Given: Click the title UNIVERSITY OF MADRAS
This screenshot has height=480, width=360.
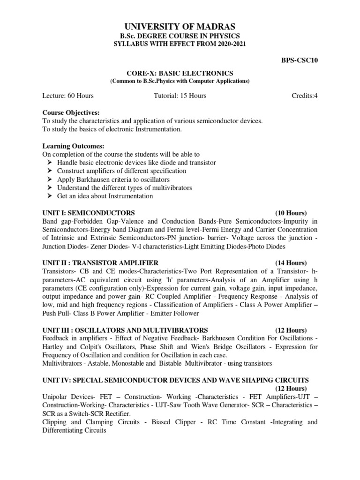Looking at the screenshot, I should [180, 26].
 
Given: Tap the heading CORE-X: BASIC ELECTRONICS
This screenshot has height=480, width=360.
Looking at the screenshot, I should [180, 73].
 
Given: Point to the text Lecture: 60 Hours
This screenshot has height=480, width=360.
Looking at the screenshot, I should [68, 96].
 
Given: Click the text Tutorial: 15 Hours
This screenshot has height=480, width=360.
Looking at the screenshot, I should [180, 96].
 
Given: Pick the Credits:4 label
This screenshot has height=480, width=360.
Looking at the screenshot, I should [305, 96].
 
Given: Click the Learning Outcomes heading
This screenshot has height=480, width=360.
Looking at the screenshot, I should [73, 146].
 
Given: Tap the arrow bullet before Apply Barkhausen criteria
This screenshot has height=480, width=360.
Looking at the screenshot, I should [50, 180].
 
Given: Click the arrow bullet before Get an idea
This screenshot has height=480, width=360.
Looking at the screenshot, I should [50, 196].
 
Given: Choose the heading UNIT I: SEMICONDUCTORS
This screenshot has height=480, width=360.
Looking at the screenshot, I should [89, 212].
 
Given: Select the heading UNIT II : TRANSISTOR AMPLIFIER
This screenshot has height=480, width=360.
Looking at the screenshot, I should [100, 262].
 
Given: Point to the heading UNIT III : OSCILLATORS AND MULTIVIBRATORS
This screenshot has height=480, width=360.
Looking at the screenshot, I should [125, 330].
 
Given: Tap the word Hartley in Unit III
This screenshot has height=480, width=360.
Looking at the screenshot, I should [53, 347].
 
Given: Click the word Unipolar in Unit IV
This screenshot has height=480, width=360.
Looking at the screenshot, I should [55, 397].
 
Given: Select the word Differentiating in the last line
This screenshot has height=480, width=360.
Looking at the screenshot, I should [66, 430].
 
